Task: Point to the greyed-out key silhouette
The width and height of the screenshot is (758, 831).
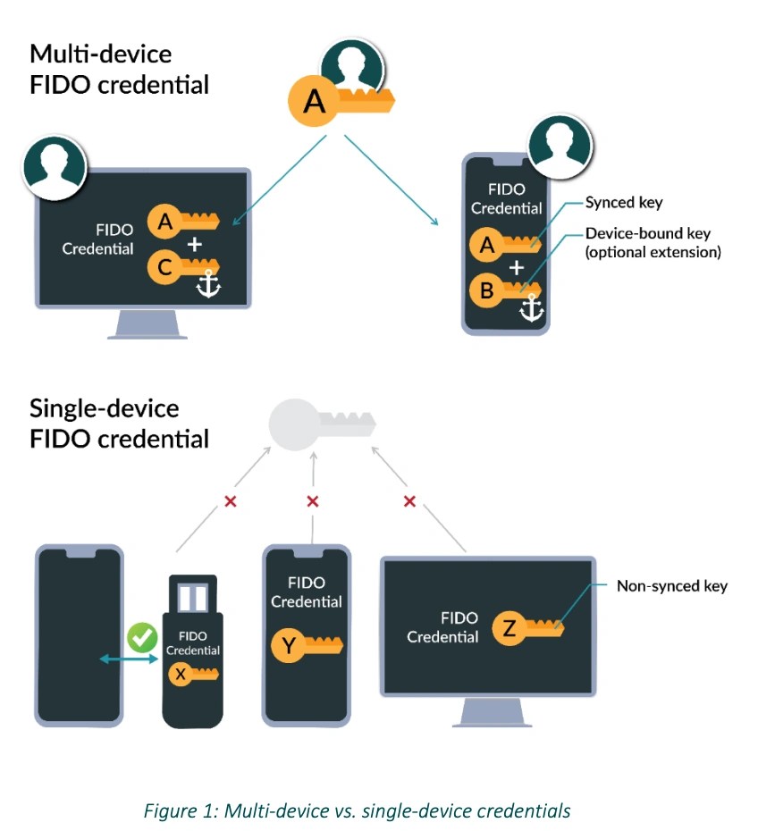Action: (322, 419)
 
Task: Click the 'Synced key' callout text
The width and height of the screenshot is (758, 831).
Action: (623, 203)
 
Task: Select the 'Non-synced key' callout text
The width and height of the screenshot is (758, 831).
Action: (671, 586)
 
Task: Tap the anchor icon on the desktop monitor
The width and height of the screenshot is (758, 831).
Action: (207, 286)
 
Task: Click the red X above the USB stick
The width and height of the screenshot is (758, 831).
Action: (230, 502)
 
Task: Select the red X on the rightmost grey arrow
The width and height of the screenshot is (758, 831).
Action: (409, 501)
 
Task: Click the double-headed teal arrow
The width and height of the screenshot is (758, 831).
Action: (129, 659)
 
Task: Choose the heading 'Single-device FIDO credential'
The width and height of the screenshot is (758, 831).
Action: (119, 424)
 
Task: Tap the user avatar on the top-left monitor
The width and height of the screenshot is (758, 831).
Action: (55, 166)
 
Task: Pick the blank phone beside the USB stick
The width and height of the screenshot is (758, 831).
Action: (79, 634)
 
